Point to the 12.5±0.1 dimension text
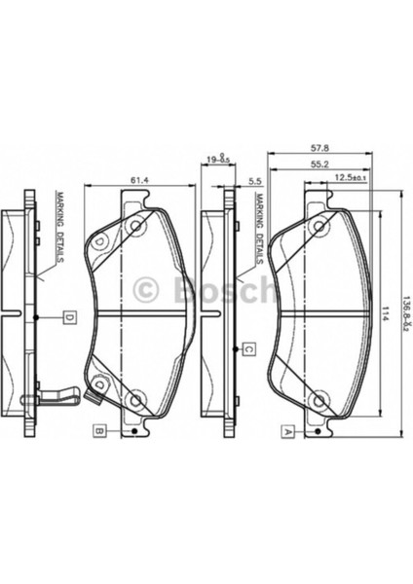349,178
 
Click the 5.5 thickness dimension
256,181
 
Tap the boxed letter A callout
287,429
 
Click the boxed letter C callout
248,348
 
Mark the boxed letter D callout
70,316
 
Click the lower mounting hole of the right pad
318,396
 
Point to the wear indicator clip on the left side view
58,397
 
